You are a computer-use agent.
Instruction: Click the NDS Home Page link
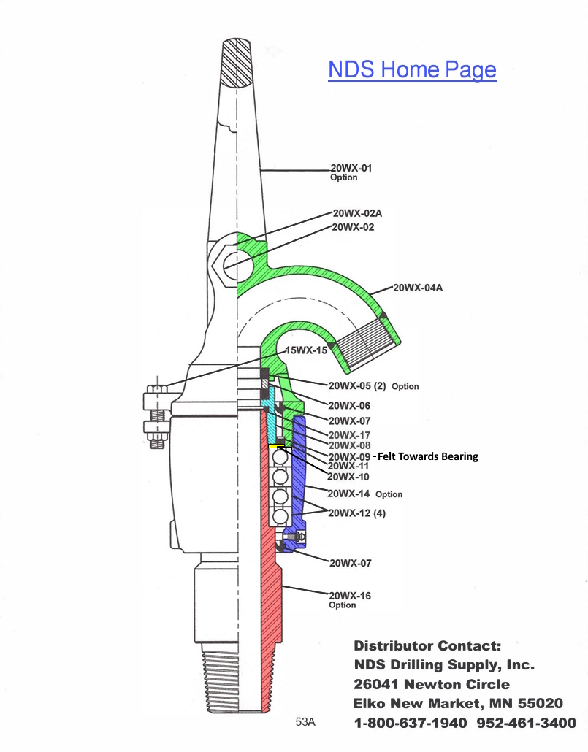tap(412, 69)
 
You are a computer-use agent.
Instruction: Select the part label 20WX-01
tap(351, 168)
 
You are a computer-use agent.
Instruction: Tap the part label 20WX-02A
tap(357, 213)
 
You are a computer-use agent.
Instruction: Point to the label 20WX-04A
tap(418, 288)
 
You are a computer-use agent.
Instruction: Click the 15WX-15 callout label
tap(306, 350)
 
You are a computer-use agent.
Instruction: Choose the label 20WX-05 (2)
tap(356, 385)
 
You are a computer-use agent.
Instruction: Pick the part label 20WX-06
tap(349, 406)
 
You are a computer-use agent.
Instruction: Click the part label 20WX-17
tap(349, 435)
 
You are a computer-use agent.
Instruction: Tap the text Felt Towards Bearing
tap(428, 456)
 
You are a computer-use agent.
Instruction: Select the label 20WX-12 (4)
tap(356, 513)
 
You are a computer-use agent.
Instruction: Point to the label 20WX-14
tap(348, 494)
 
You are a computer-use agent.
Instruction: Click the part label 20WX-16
tap(350, 596)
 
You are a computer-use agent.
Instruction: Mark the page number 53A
tap(305, 722)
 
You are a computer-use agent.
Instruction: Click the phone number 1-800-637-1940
tap(411, 723)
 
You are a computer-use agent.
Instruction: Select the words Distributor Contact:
tap(427, 645)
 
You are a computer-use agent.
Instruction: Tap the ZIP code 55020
tap(540, 704)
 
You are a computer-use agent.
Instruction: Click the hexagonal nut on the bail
tap(224, 265)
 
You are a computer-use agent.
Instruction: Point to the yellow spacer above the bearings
tap(277, 446)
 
